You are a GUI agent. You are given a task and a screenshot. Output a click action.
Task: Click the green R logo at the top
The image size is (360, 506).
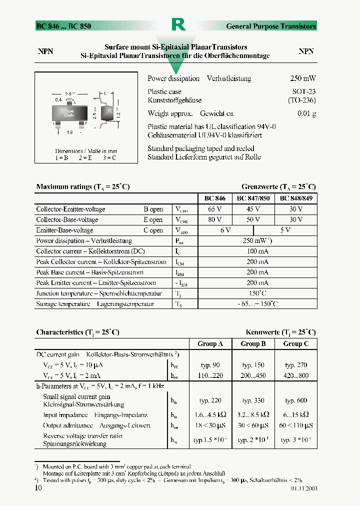pos(178,24)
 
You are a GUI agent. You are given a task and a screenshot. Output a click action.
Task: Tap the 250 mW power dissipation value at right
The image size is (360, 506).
pos(303,78)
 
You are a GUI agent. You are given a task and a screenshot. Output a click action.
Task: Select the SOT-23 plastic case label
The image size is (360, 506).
pos(304,92)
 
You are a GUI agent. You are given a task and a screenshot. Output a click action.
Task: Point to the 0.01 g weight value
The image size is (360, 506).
pos(307,113)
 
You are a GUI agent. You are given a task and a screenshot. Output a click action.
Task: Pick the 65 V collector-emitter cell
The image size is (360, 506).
pos(215,209)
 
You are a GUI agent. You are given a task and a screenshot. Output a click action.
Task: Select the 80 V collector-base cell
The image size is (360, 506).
pos(215,219)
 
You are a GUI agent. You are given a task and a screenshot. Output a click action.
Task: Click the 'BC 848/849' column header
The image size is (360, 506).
pos(296,198)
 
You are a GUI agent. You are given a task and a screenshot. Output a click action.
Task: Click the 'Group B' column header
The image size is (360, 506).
pos(253,343)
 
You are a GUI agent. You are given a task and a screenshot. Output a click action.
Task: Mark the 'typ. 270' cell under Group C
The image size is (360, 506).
pos(296,365)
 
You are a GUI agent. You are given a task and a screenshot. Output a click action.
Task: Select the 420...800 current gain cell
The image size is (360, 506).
pos(296,375)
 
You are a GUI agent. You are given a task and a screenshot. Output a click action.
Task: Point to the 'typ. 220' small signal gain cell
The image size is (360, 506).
pos(210,400)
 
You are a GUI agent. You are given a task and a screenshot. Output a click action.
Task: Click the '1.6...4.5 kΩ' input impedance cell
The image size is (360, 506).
pos(210,414)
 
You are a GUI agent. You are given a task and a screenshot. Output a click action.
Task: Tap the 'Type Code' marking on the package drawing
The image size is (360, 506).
pos(69,113)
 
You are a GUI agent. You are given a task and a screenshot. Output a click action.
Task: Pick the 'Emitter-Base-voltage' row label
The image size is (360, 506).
pos(64,230)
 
